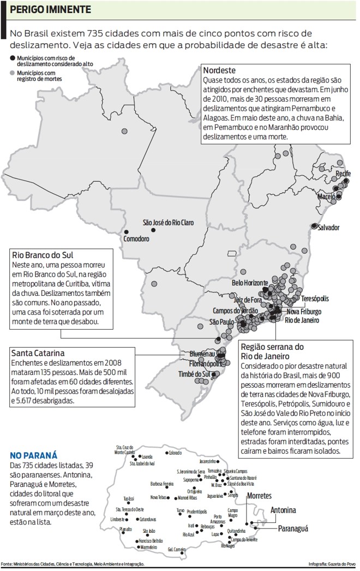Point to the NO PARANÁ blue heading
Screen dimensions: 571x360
34,455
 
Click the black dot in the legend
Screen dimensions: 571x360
13,57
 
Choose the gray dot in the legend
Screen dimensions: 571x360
13,72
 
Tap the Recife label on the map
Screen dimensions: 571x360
343,173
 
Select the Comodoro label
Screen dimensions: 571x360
136,239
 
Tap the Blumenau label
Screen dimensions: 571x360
202,354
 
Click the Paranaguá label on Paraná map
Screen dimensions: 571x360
293,528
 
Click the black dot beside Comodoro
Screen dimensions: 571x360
127,231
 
